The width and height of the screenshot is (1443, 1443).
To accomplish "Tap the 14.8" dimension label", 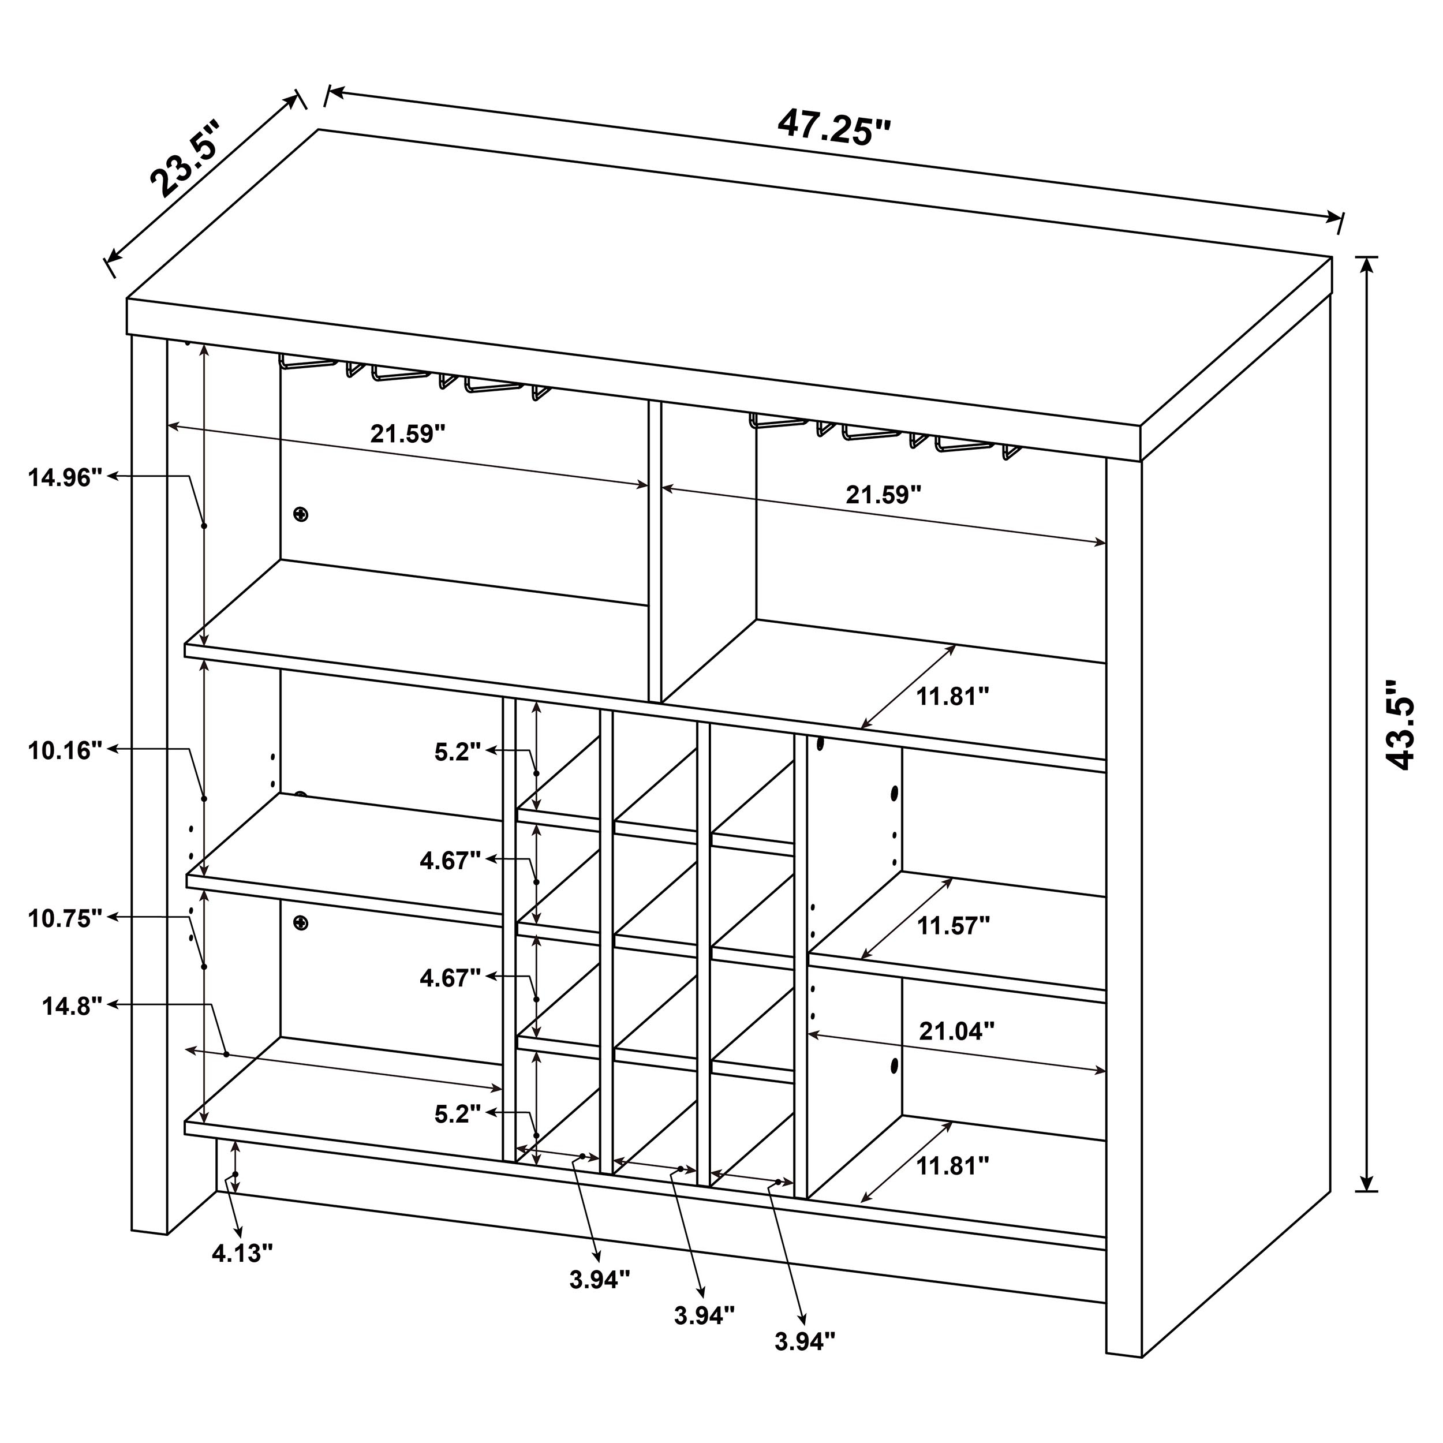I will pyautogui.click(x=72, y=1007).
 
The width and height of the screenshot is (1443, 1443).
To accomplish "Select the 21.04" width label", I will pyautogui.click(x=956, y=1031).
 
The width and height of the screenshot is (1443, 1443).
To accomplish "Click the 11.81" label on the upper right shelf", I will pyautogui.click(x=952, y=697).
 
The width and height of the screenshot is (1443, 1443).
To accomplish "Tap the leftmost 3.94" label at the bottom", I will pyautogui.click(x=600, y=1280).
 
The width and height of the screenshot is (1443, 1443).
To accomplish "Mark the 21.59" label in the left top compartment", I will pyautogui.click(x=408, y=433).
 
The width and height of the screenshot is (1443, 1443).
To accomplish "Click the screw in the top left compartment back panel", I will pyautogui.click(x=300, y=515).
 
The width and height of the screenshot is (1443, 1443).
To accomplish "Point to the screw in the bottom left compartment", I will pyautogui.click(x=300, y=923).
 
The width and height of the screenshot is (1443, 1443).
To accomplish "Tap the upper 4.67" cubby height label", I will pyautogui.click(x=450, y=861).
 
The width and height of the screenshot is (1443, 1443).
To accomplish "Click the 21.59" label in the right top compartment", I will pyautogui.click(x=884, y=495).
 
